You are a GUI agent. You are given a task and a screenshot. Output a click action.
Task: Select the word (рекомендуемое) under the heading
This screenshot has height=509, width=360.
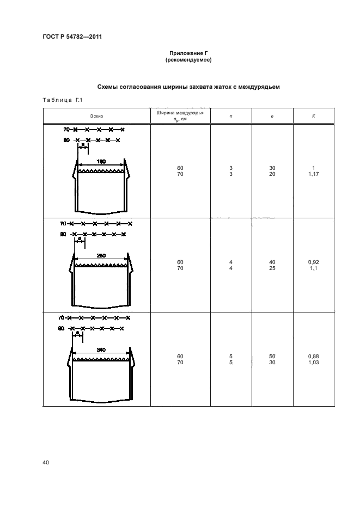click(188, 60)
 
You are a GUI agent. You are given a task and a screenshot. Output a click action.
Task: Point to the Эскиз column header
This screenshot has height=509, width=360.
click(97, 116)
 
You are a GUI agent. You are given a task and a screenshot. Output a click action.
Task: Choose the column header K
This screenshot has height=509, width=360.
click(313, 116)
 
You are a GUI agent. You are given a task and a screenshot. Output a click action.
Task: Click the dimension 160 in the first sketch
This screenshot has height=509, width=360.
click(101, 161)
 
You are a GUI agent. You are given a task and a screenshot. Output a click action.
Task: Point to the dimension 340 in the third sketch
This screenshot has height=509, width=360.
click(101, 349)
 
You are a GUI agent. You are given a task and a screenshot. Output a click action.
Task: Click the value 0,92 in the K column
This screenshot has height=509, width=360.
click(313, 262)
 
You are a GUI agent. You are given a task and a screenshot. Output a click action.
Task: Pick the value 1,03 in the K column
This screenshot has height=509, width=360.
click(313, 362)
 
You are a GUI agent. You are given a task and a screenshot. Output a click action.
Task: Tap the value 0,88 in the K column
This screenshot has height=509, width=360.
click(313, 356)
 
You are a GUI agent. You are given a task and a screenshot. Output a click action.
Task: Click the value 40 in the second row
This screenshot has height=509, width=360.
click(272, 262)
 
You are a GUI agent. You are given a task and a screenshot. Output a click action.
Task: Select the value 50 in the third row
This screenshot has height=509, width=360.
click(272, 356)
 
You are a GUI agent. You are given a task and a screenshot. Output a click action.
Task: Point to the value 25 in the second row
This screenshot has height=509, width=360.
click(272, 268)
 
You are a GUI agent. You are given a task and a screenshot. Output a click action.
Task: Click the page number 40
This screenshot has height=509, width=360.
click(46, 463)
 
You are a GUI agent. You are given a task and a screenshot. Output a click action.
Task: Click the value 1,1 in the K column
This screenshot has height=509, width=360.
click(313, 268)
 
